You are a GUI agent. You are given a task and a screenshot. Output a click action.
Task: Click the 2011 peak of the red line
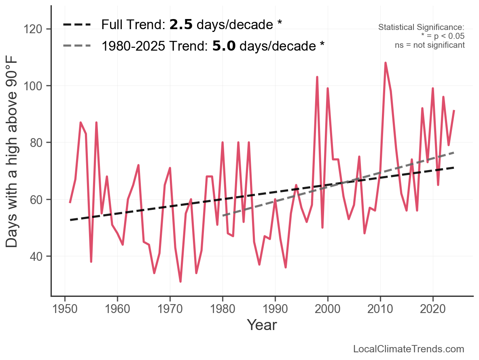tap(386, 63)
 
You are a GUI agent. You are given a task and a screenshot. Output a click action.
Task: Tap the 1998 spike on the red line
tap(317, 77)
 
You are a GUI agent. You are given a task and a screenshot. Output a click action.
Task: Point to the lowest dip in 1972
tap(180, 281)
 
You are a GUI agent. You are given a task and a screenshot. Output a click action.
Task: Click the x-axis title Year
tap(262, 325)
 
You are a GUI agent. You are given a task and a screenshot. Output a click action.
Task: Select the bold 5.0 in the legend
tap(224, 46)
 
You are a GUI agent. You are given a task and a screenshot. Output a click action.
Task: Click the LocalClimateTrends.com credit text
tap(409, 349)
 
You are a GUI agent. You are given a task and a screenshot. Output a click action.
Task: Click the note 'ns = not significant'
tap(430, 45)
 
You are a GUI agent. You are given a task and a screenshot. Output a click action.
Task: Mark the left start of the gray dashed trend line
tap(223, 215)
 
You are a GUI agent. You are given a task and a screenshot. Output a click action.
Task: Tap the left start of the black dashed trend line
tap(70, 220)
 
